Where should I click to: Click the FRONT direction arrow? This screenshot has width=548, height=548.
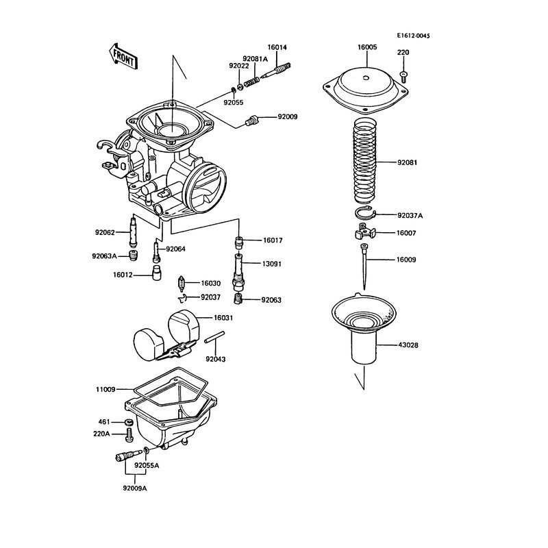pyautogui.click(x=123, y=58)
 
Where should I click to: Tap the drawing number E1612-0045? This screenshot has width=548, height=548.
pyautogui.click(x=413, y=36)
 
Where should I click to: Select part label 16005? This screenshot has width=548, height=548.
pyautogui.click(x=367, y=47)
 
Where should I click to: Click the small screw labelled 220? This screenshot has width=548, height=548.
pyautogui.click(x=403, y=77)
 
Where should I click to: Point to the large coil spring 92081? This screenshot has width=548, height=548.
pyautogui.click(x=365, y=161)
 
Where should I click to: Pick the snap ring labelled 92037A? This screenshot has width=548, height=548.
pyautogui.click(x=365, y=214)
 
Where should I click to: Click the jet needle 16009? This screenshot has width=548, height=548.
pyautogui.click(x=364, y=266)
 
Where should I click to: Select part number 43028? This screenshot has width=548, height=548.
pyautogui.click(x=408, y=345)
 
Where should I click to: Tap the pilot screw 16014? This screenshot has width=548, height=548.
pyautogui.click(x=276, y=71)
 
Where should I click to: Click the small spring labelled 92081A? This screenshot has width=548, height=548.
pyautogui.click(x=251, y=82)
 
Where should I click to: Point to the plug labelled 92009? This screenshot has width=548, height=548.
pyautogui.click(x=251, y=121)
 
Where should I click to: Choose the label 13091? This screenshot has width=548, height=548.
pyautogui.click(x=271, y=264)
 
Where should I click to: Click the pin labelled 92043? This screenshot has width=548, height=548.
pyautogui.click(x=214, y=337)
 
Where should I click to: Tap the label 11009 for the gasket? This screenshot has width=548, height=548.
pyautogui.click(x=105, y=389)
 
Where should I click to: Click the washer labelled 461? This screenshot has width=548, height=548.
pyautogui.click(x=128, y=421)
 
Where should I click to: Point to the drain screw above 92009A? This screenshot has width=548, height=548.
pyautogui.click(x=128, y=456)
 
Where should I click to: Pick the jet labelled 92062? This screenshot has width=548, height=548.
pyautogui.click(x=134, y=232)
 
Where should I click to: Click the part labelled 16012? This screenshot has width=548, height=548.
pyautogui.click(x=157, y=273)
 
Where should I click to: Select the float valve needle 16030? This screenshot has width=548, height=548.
pyautogui.click(x=182, y=284)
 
